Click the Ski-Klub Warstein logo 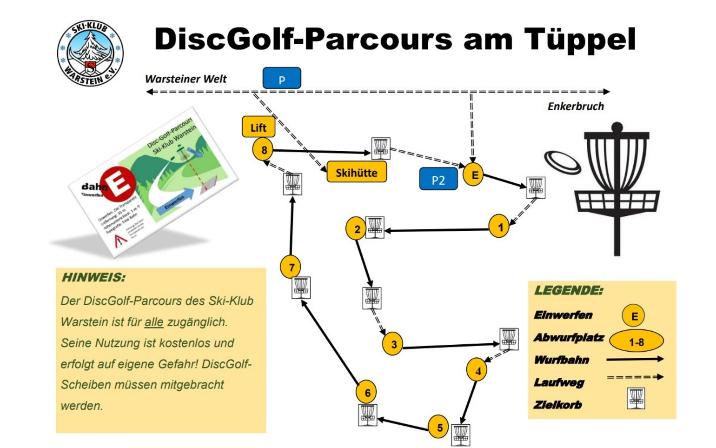pyautogui.click(x=90, y=53)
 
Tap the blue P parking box pyautogui.click(x=282, y=78)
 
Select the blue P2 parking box pyautogui.click(x=438, y=180)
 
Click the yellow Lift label pyautogui.click(x=259, y=127)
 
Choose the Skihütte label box pyautogui.click(x=357, y=172)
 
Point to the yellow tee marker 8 pyautogui.click(x=264, y=150)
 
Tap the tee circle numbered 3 pyautogui.click(x=393, y=344)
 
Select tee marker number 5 pyautogui.click(x=439, y=427)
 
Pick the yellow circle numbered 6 pyautogui.click(x=367, y=393)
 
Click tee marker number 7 pyautogui.click(x=291, y=267)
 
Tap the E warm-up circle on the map pyautogui.click(x=474, y=175)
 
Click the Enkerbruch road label pyautogui.click(x=576, y=107)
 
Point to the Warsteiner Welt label pyautogui.click(x=186, y=79)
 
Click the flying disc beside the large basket pyautogui.click(x=562, y=163)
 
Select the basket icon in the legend pyautogui.click(x=636, y=399)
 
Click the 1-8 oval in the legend pyautogui.click(x=636, y=341)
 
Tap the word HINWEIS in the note pyautogui.click(x=93, y=278)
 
